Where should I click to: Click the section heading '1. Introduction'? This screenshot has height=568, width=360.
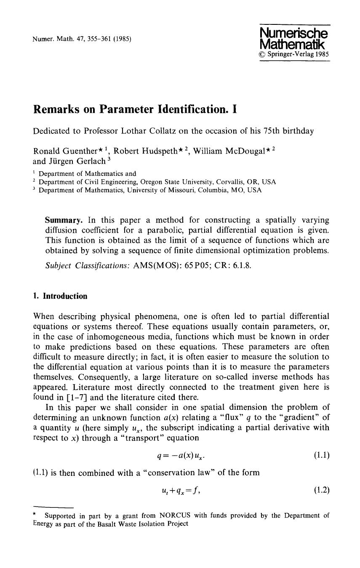pyautogui.click(x=60, y=296)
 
